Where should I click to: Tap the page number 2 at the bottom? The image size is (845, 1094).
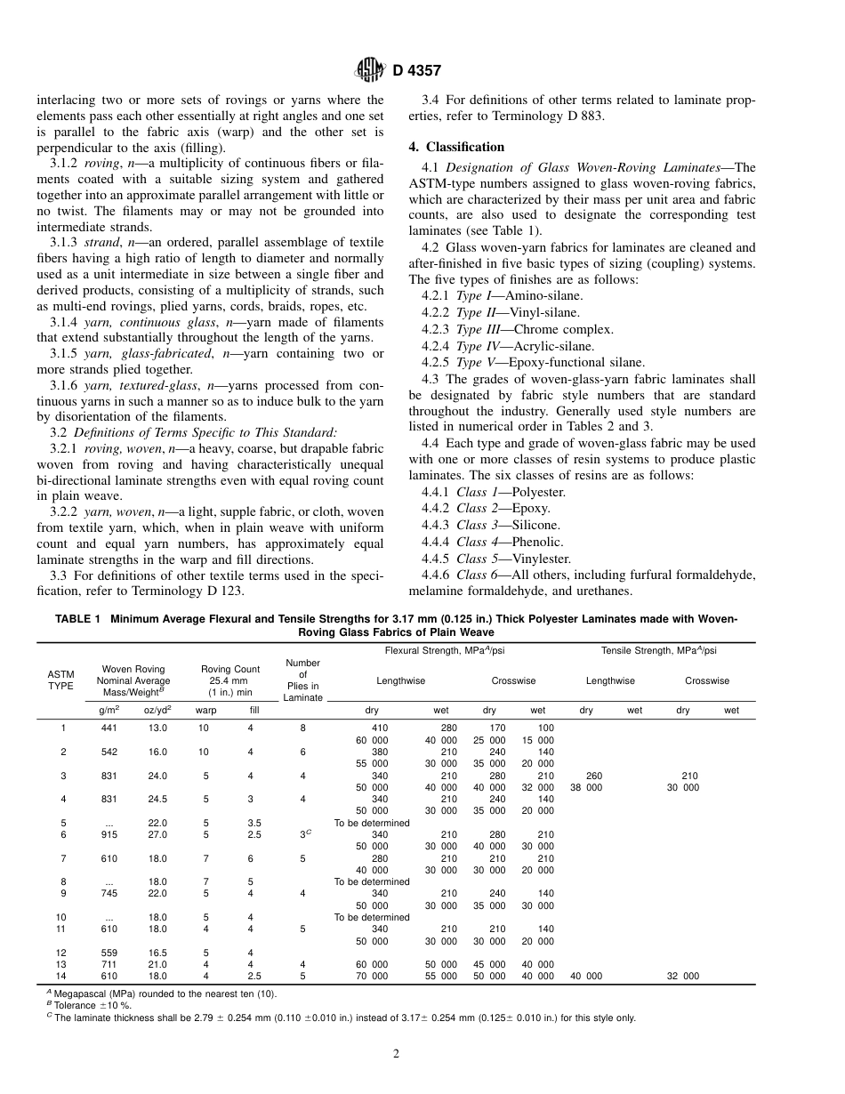coord(397,1054)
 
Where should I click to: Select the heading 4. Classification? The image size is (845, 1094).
coord(456,147)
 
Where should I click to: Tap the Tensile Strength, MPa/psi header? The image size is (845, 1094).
coord(658,651)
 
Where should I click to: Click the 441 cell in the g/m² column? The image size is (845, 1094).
coord(108,728)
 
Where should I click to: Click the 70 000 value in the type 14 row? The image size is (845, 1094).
coord(372,976)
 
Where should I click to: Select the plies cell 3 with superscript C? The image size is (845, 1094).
coord(303,834)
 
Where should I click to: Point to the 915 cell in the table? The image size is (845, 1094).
coord(108,834)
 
